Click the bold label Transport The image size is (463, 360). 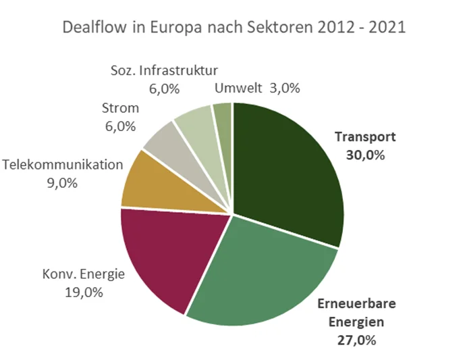point(365,136)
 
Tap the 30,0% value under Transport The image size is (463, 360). point(365,155)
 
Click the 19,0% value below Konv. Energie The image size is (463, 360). point(82,292)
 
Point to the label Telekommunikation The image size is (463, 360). point(63,165)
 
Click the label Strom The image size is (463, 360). point(120,108)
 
